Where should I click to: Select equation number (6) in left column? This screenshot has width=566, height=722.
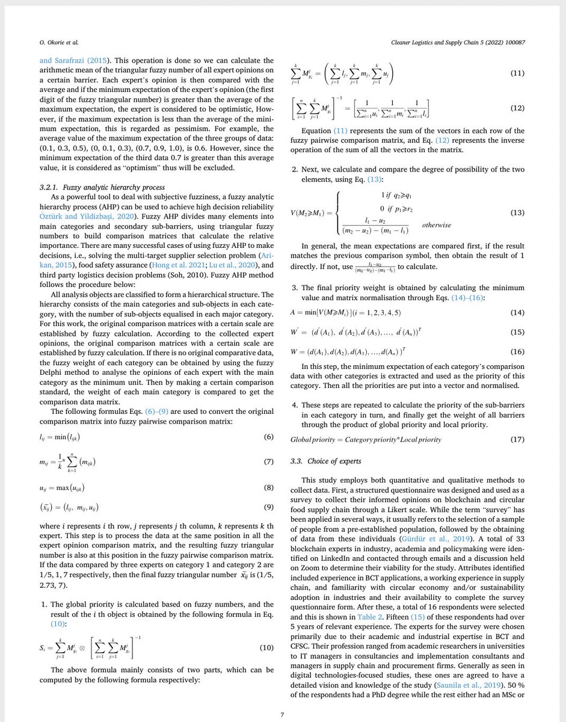click(269, 436)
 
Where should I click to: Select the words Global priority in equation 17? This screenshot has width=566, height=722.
click(319, 439)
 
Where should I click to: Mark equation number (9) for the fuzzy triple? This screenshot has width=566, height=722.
click(269, 507)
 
